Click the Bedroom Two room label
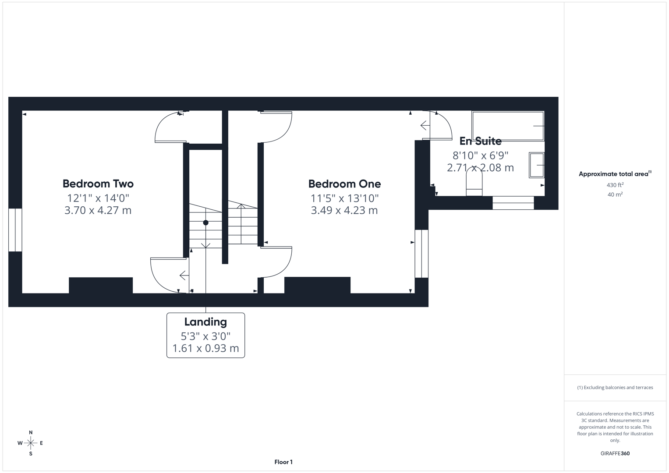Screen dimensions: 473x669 click(x=98, y=184)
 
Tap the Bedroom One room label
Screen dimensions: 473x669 click(x=344, y=184)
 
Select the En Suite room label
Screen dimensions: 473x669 click(x=480, y=141)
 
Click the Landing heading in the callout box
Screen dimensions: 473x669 click(x=205, y=322)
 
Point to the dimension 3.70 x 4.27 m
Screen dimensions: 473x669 click(x=98, y=210)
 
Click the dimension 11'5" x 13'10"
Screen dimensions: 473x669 click(x=344, y=198)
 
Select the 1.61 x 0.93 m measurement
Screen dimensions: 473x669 click(x=205, y=348)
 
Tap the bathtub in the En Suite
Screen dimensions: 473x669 click(x=507, y=126)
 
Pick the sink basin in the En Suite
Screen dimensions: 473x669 click(x=536, y=165)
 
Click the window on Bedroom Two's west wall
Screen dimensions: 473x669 click(x=15, y=230)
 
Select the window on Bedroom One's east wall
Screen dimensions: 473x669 click(x=421, y=254)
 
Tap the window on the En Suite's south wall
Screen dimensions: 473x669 click(x=513, y=203)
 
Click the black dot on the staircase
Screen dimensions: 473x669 click(x=205, y=223)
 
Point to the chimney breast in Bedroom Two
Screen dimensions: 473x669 click(x=101, y=285)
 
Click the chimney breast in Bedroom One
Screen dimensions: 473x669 click(x=317, y=285)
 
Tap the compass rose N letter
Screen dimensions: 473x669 click(x=31, y=432)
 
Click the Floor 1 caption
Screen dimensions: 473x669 click(x=283, y=462)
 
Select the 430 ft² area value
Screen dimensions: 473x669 click(x=615, y=185)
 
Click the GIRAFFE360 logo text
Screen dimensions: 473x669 click(x=615, y=453)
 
